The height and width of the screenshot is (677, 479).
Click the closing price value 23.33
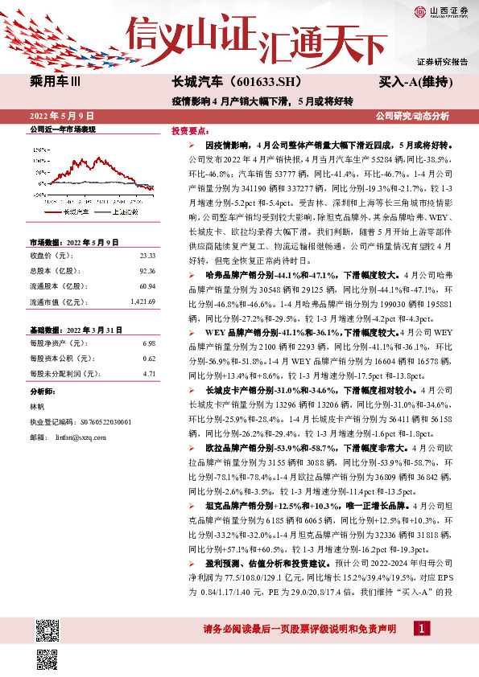point(147,255)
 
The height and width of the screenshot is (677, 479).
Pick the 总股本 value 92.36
point(147,271)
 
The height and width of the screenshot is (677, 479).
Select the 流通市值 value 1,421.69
point(142,302)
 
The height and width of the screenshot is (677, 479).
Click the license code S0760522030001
point(107,422)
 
